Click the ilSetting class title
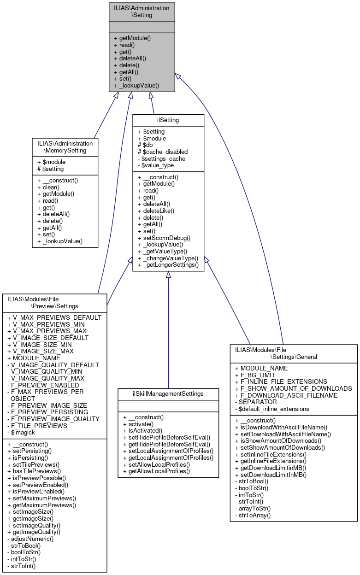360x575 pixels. (168, 120)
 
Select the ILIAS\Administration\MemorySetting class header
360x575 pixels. (65, 147)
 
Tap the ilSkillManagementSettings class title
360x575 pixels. (168, 394)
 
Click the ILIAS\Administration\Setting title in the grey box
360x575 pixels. (142, 12)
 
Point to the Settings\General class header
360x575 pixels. (294, 353)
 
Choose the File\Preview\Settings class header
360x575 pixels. (54, 303)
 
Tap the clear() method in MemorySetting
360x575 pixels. (49, 188)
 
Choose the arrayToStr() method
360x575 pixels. (254, 509)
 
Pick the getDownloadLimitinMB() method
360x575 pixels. (271, 468)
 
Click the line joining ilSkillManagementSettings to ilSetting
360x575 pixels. (168, 332)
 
